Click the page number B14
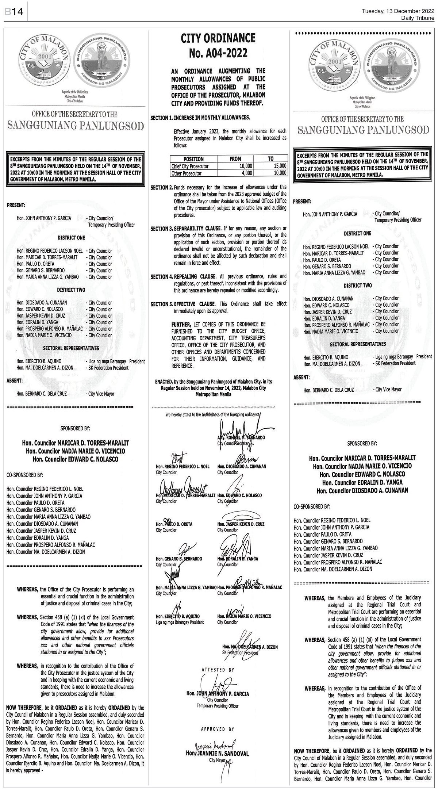[x=14, y=12]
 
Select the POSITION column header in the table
[x=193, y=159]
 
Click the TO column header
[x=271, y=159]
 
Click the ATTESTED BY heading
[x=218, y=670]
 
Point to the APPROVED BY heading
[x=218, y=719]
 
